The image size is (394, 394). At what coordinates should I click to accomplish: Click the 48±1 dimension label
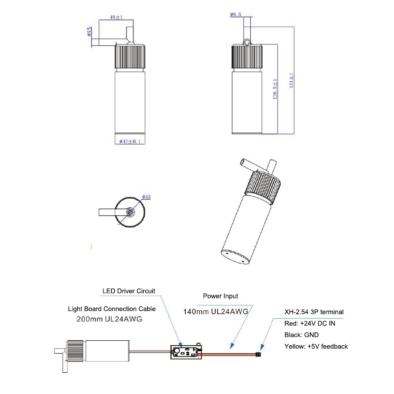click(x=116, y=17)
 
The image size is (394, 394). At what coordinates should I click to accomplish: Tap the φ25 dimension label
click(x=89, y=33)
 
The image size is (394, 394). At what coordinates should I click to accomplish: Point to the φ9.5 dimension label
click(x=235, y=15)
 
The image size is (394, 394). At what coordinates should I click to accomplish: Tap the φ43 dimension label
click(x=146, y=197)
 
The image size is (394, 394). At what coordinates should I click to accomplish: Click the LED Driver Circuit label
click(x=129, y=291)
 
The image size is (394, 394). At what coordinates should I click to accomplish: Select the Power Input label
click(x=221, y=296)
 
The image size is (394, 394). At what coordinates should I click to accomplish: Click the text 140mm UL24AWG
click(x=215, y=311)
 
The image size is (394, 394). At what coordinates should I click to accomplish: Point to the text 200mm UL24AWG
click(x=109, y=319)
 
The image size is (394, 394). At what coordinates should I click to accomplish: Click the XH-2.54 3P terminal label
click(x=314, y=312)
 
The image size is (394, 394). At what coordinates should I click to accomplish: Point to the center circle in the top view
click(x=130, y=212)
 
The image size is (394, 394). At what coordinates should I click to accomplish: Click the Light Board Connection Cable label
click(x=112, y=309)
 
